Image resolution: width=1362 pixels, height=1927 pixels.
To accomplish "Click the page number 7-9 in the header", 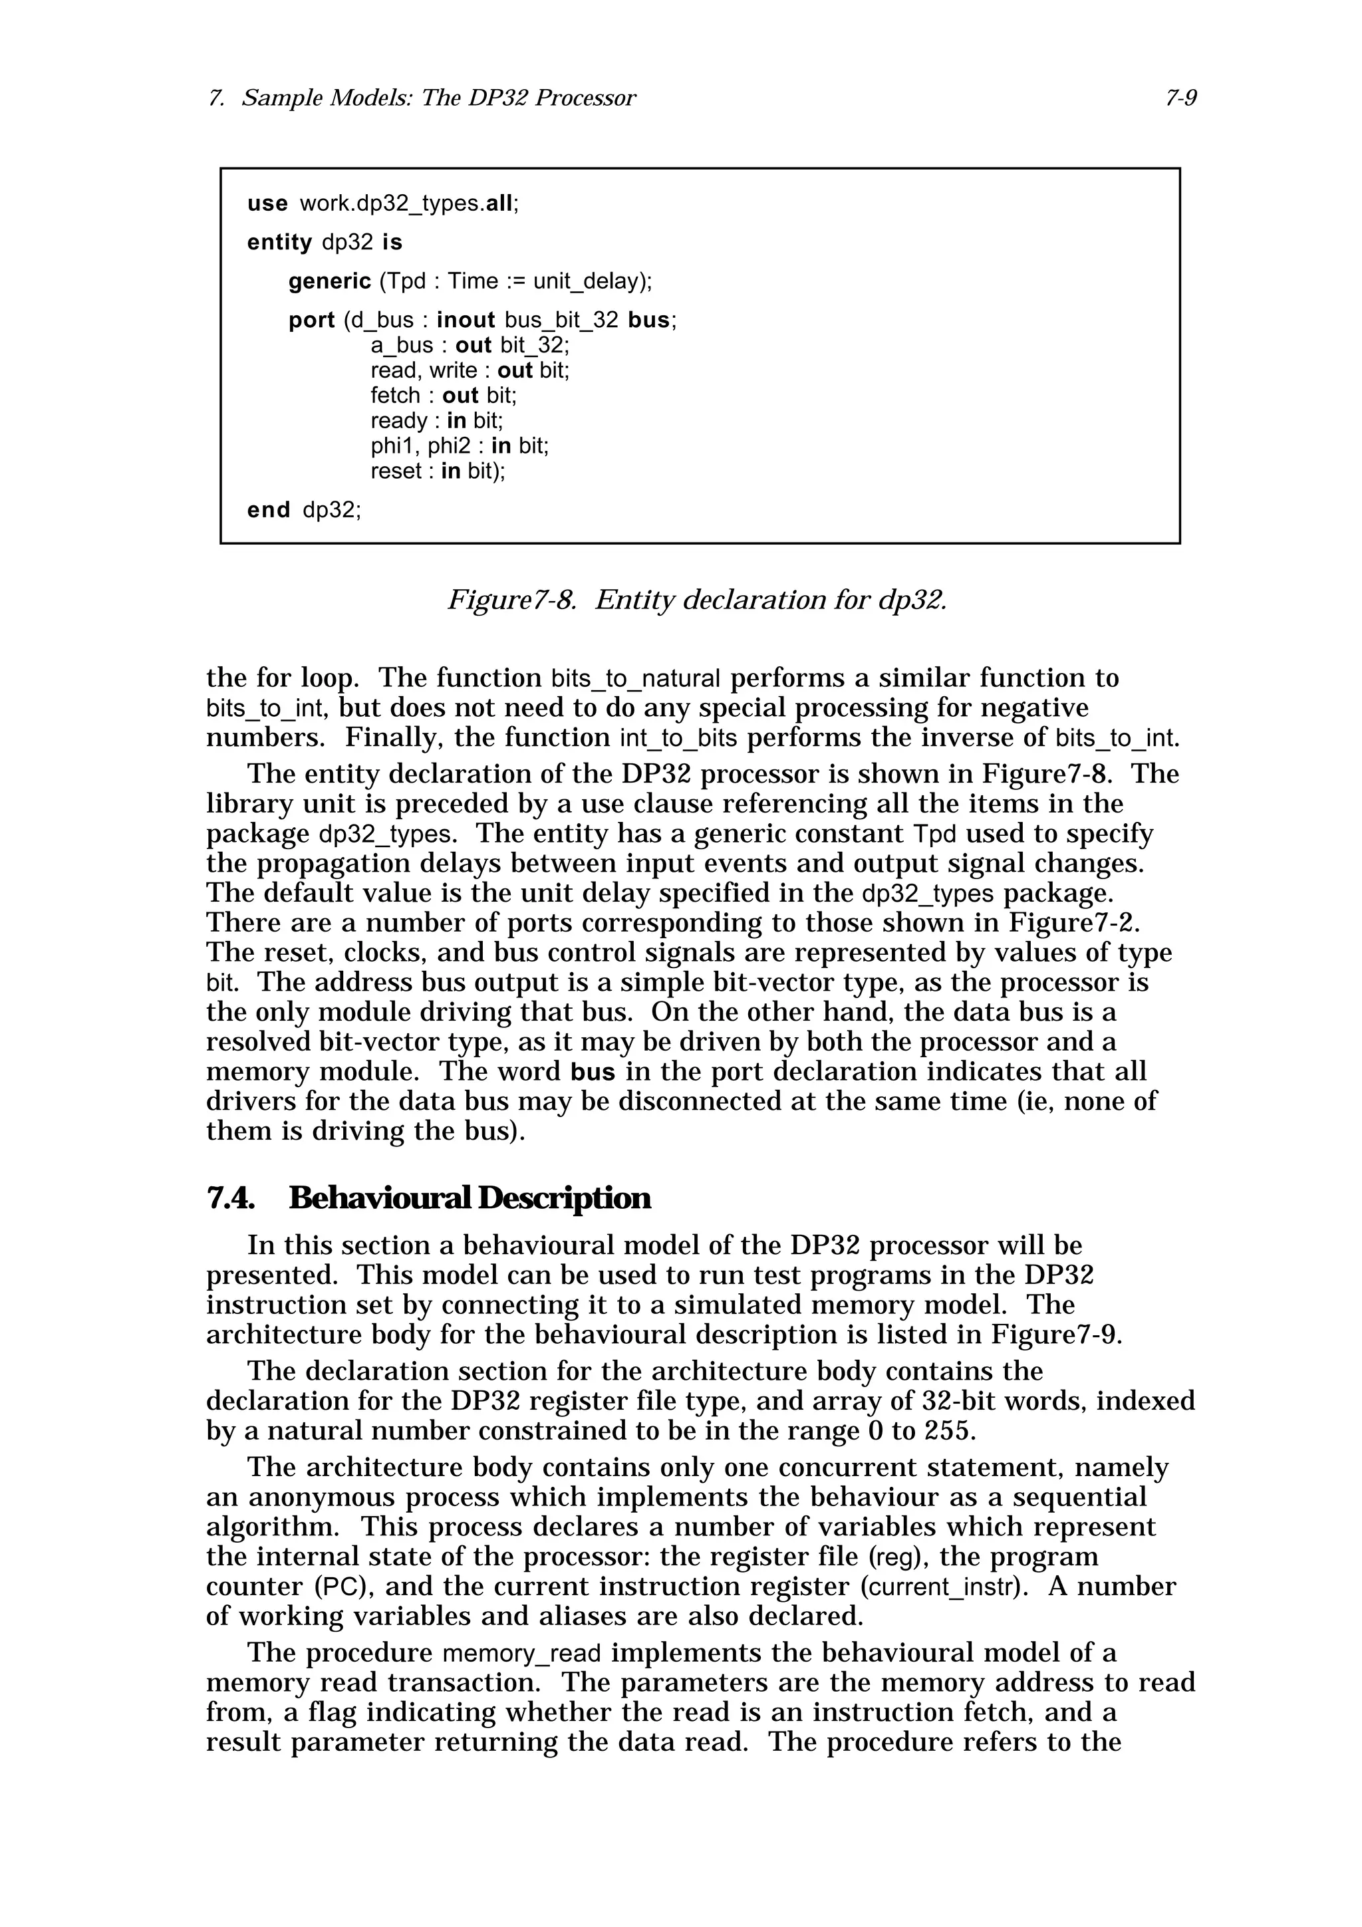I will [x=1180, y=99].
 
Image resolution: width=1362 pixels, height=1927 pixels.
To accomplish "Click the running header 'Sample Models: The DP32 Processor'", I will [x=438, y=99].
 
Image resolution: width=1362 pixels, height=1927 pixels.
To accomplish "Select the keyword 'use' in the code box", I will [x=267, y=204].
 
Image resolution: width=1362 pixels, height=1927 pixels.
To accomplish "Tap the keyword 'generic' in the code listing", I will [x=329, y=281].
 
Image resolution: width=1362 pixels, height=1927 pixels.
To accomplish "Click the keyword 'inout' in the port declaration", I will [x=466, y=321].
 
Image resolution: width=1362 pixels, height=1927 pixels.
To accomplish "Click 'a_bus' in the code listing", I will [x=401, y=346].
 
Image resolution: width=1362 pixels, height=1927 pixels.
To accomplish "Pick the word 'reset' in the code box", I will [x=395, y=471].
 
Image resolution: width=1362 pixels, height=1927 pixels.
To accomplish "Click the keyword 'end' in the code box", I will [x=269, y=510].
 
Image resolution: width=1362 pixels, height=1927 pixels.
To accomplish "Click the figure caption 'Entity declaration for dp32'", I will [x=770, y=600].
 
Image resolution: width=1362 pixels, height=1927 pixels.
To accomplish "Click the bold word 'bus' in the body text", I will [x=593, y=1073].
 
